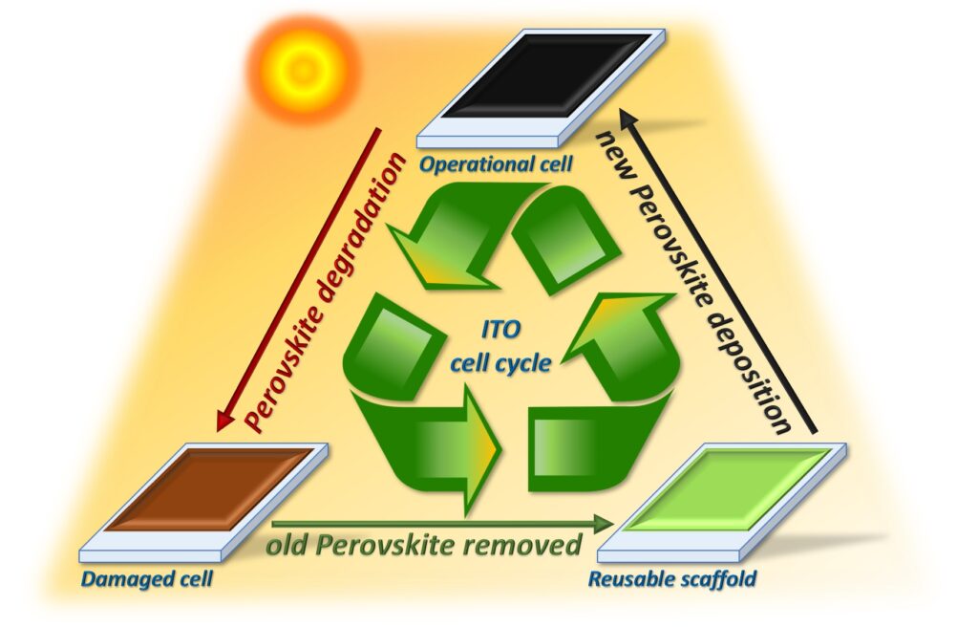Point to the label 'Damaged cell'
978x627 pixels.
click(x=134, y=578)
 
